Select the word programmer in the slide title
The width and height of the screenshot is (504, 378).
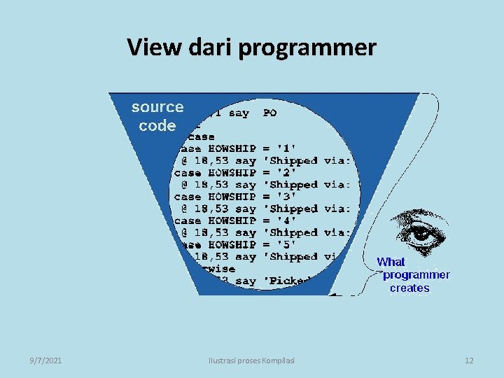308,49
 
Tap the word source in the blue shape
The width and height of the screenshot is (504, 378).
157,107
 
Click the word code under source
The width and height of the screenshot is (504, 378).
157,126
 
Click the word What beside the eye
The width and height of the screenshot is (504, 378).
391,262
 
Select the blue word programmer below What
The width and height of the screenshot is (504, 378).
416,275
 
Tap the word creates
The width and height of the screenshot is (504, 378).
409,288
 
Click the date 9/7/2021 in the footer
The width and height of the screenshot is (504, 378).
45,360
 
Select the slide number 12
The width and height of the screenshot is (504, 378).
469,360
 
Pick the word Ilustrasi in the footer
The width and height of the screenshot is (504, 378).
224,360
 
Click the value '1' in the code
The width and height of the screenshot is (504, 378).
287,148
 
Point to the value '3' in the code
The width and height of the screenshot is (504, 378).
287,197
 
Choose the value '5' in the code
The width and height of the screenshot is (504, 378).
287,244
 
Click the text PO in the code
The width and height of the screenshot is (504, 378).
269,113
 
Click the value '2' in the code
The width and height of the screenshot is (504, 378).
287,172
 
